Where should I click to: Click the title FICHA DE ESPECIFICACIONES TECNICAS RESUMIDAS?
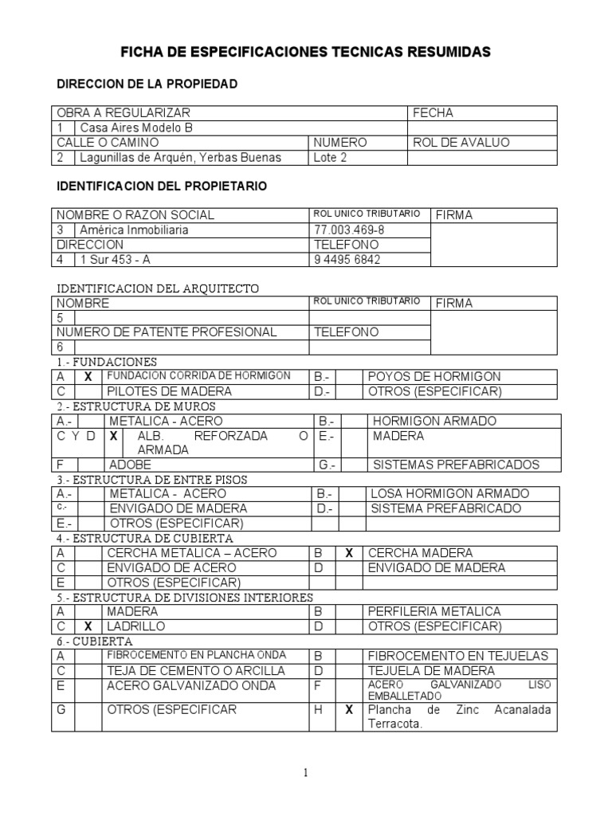pos(305,53)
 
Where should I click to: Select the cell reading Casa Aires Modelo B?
pos(136,127)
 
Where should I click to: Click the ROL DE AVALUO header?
pos(461,143)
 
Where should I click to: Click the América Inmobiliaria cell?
pos(135,230)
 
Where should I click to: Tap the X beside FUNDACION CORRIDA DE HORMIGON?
pos(88,376)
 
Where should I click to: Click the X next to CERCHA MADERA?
pos(348,553)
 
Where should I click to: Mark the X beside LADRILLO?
pos(88,626)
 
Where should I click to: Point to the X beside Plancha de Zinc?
pos(348,710)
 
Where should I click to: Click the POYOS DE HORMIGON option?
pos(434,376)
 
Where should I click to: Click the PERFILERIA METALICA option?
pos(434,612)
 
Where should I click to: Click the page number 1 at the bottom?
pos(305,772)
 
